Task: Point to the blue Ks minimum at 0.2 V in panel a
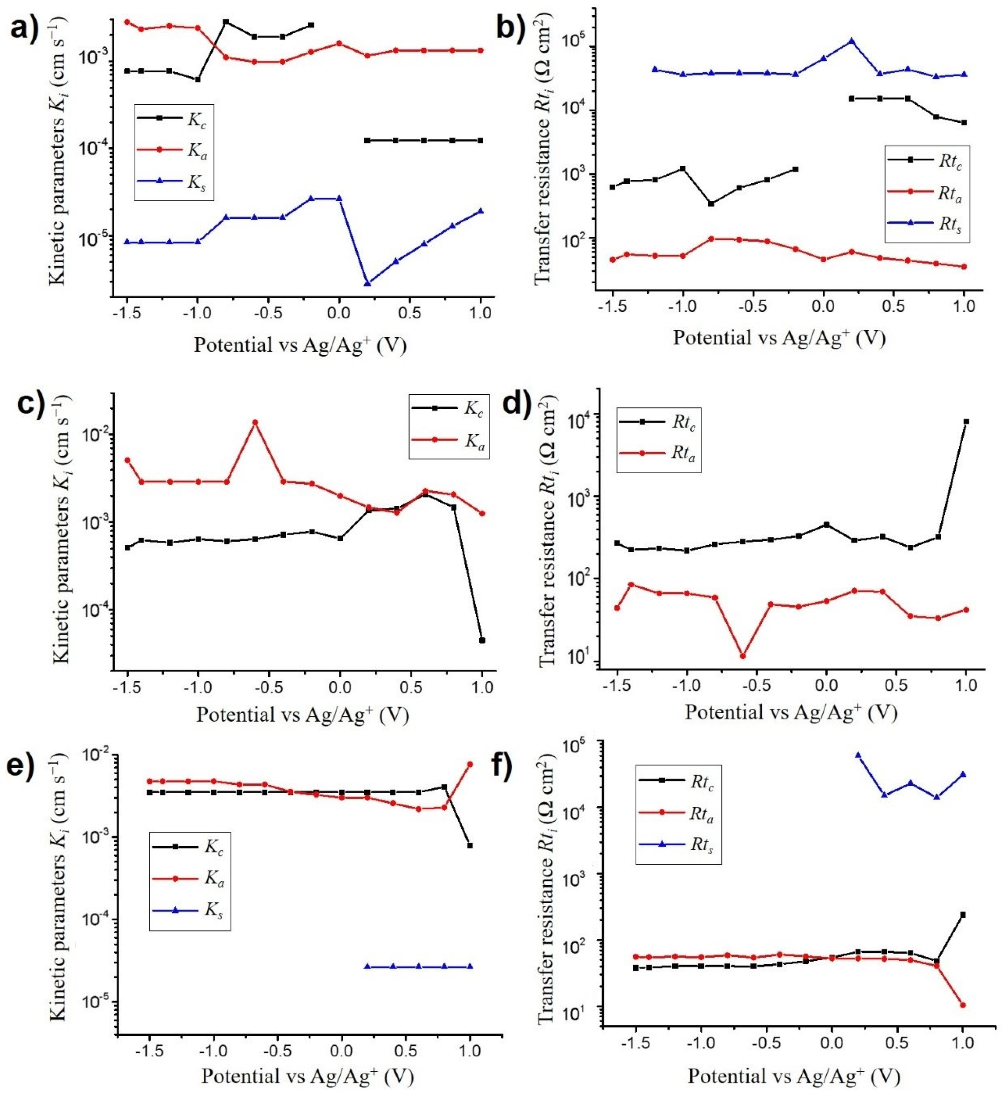pyautogui.click(x=368, y=283)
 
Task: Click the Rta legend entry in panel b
pyautogui.click(x=926, y=193)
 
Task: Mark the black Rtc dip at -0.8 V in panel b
pyautogui.click(x=711, y=204)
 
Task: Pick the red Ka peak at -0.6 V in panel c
pyautogui.click(x=255, y=422)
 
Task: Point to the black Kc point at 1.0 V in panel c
pyautogui.click(x=482, y=640)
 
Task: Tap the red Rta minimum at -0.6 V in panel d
pyautogui.click(x=743, y=656)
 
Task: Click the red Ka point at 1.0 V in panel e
pyautogui.click(x=470, y=764)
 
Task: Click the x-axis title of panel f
pyautogui.click(x=793, y=1076)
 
